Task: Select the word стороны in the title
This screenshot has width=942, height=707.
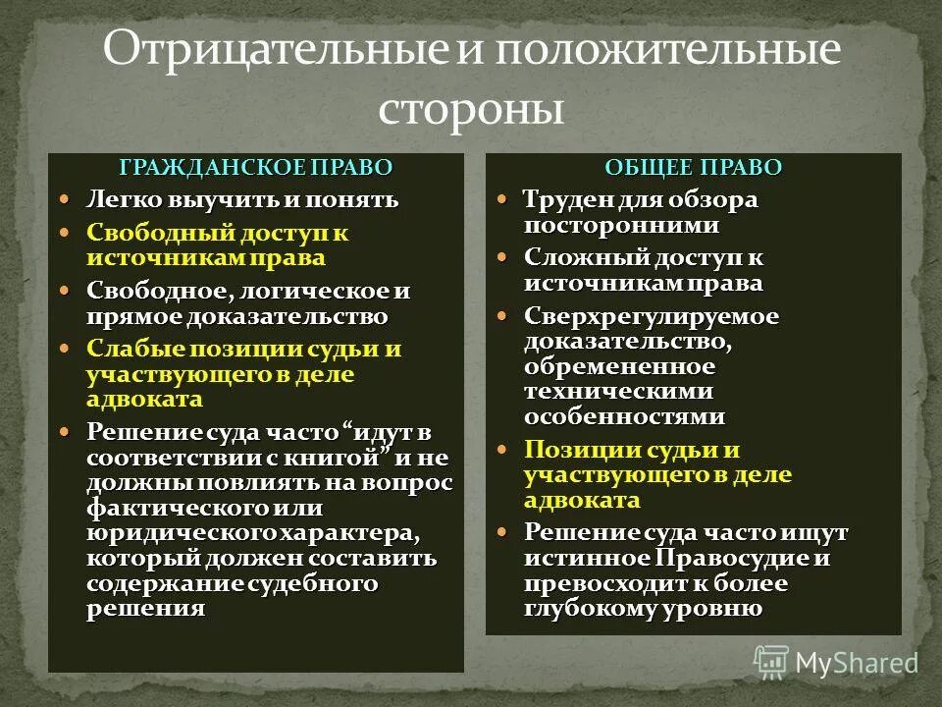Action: click(471, 108)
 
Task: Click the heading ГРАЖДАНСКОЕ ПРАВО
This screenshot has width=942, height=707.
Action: click(256, 167)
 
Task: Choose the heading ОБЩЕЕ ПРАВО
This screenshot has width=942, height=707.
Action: click(694, 167)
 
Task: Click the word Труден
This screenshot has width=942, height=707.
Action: click(566, 200)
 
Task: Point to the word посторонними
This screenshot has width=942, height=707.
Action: click(621, 224)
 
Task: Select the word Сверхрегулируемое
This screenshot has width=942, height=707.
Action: click(638, 317)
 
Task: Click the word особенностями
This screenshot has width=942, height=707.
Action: click(625, 416)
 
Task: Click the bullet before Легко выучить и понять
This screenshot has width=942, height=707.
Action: click(67, 199)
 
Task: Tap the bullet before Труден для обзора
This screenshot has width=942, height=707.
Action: click(503, 199)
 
